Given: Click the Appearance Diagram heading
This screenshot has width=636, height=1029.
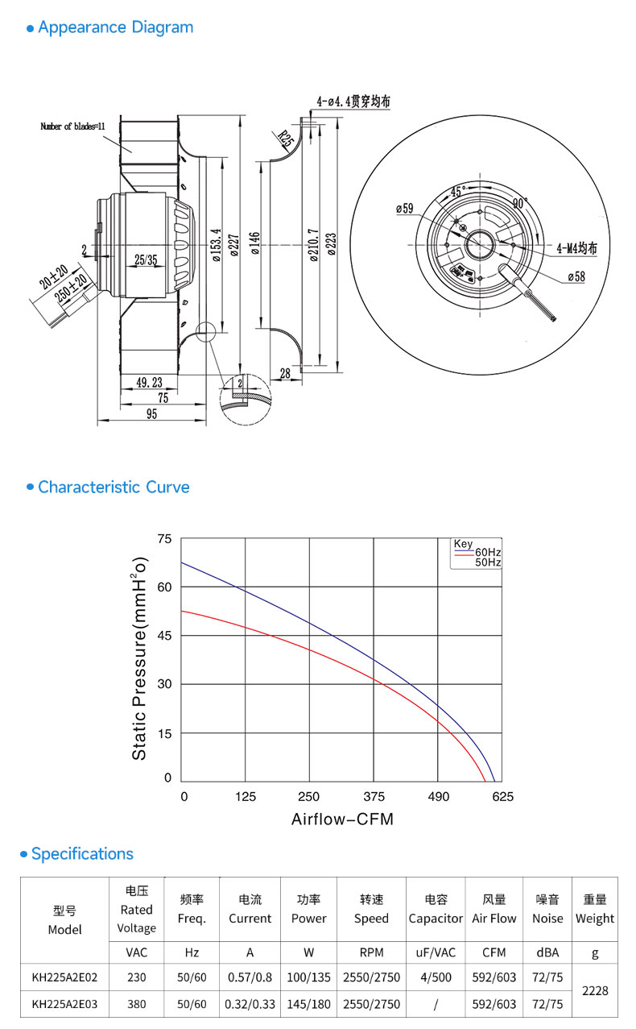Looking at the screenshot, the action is pos(116,27).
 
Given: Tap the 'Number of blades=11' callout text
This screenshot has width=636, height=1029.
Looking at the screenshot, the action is pos(72,127).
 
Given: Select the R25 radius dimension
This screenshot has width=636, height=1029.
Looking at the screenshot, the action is pos(285,139).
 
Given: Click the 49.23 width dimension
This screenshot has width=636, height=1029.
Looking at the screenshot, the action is pos(149,382).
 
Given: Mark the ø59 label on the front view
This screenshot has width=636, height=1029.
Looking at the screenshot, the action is pos(405,209).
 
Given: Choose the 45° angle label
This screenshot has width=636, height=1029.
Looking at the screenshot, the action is pos(457,192).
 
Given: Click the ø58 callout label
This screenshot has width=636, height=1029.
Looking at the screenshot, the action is pos(576,276).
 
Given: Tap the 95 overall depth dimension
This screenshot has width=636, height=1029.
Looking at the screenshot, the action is pos(152,414).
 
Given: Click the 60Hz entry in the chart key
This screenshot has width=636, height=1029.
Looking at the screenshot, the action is pos(488,552).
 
